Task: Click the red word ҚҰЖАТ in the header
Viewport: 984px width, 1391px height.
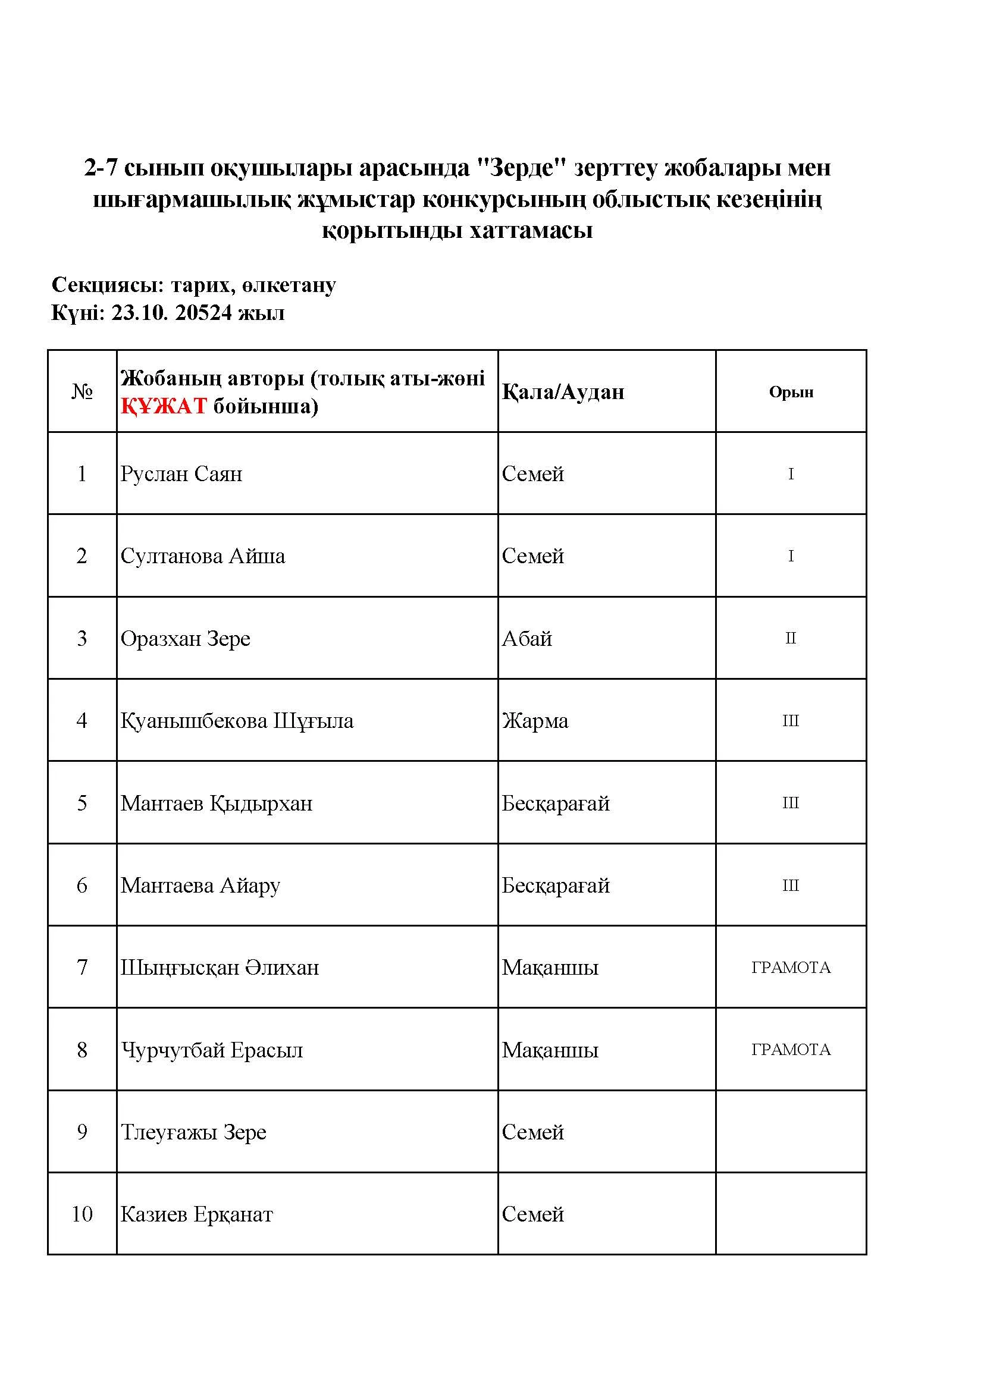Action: point(164,406)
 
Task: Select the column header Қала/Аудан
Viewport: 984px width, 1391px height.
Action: point(562,392)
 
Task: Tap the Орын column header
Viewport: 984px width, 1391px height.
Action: point(791,392)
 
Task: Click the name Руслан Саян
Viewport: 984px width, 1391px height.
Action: point(181,474)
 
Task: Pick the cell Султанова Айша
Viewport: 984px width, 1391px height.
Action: point(202,556)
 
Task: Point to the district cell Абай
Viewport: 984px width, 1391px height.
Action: point(527,639)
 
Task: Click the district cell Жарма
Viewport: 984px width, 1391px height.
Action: point(534,721)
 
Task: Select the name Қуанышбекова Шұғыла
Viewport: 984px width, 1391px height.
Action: point(236,721)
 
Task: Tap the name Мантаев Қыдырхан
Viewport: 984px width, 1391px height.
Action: point(217,803)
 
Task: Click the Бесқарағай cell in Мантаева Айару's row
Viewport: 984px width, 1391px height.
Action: point(555,886)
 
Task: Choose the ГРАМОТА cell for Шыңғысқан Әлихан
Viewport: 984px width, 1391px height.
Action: point(791,968)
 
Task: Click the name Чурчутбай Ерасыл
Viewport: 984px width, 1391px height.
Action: point(211,1050)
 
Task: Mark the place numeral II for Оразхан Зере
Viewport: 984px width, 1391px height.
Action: point(791,639)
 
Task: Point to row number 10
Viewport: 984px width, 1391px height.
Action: point(82,1214)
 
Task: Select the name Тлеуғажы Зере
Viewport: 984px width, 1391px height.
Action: point(193,1132)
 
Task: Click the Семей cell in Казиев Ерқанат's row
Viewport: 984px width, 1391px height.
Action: point(532,1214)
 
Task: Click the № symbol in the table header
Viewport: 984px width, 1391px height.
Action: point(82,392)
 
